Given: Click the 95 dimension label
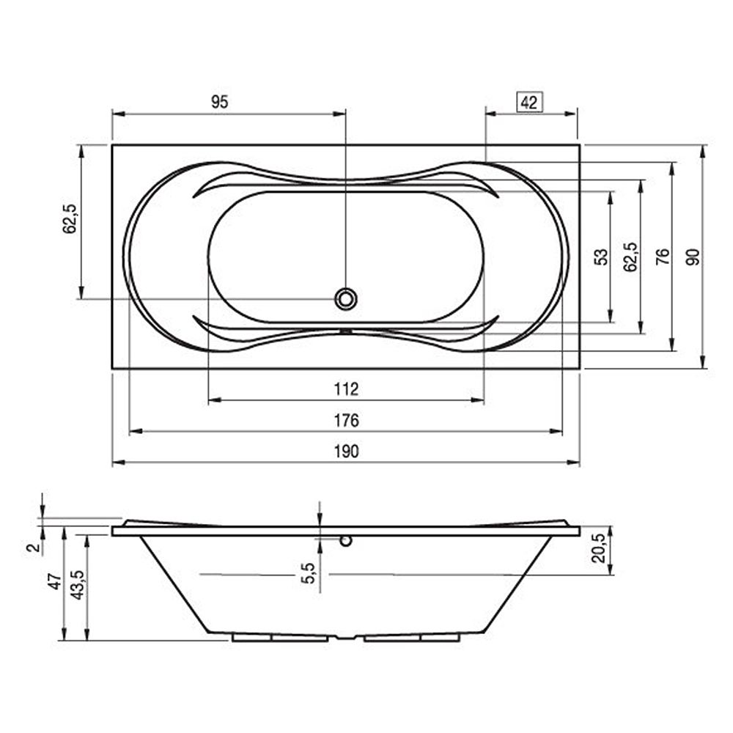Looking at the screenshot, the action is pyautogui.click(x=220, y=101).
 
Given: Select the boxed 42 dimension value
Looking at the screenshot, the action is pyautogui.click(x=529, y=103).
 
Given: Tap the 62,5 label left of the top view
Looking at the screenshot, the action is pyautogui.click(x=70, y=218).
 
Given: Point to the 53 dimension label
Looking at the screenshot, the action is pyautogui.click(x=602, y=257).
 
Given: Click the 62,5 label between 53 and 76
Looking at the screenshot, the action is pyautogui.click(x=630, y=257).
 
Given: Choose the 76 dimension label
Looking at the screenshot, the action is pyautogui.click(x=663, y=257).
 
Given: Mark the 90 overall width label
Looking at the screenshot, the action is pyautogui.click(x=693, y=257).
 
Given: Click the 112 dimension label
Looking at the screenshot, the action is pyautogui.click(x=347, y=389).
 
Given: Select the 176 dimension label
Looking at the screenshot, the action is pyautogui.click(x=347, y=420).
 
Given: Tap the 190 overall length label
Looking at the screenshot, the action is pyautogui.click(x=347, y=452).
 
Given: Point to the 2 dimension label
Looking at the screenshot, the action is pyautogui.click(x=33, y=548).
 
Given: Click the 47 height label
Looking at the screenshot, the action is pyautogui.click(x=55, y=581).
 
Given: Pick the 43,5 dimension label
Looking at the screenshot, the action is pyautogui.click(x=77, y=585).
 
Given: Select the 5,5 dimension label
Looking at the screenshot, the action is pyautogui.click(x=308, y=573).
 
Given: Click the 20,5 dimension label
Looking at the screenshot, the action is pyautogui.click(x=599, y=548).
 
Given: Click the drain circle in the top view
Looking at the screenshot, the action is pyautogui.click(x=346, y=299).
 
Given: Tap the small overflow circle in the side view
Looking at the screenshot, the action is pyautogui.click(x=346, y=541).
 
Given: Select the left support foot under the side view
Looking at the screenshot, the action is pyautogui.click(x=280, y=638).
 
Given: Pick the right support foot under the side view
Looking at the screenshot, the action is pyautogui.click(x=412, y=638).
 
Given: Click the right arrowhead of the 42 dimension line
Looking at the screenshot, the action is pyautogui.click(x=571, y=114).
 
